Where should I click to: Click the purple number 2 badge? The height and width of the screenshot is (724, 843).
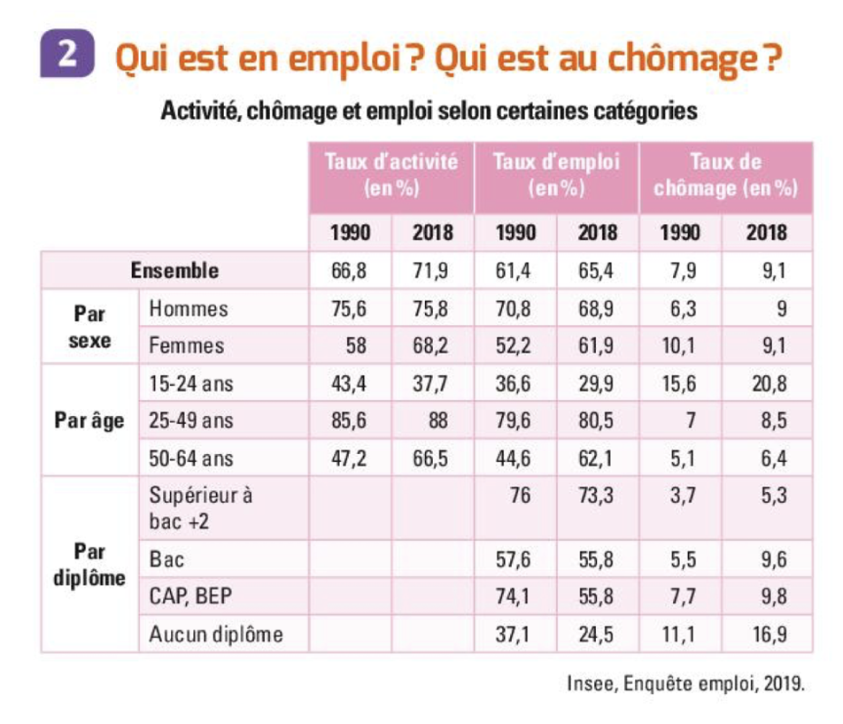pos(66,54)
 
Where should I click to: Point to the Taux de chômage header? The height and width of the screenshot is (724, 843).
pos(725,175)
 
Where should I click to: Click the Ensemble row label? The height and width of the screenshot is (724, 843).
pos(174,270)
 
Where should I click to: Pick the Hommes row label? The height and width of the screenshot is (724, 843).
pos(189,309)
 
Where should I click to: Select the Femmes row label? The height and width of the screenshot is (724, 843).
pos(187,345)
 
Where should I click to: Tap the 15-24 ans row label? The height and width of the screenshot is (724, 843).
pos(191,384)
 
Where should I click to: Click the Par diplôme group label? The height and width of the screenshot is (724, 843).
pos(89,565)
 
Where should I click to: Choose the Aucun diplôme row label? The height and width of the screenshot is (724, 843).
pos(217,634)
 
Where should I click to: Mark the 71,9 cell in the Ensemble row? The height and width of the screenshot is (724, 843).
pos(432,271)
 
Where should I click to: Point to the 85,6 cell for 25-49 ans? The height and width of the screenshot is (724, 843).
pos(349,420)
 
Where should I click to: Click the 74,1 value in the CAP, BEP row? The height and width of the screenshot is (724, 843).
pos(514,597)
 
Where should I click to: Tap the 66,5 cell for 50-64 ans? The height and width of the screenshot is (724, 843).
pos(432,458)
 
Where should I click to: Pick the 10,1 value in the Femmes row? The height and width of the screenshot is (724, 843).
pos(680,345)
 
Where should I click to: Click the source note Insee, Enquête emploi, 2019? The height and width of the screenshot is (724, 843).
pos(685,683)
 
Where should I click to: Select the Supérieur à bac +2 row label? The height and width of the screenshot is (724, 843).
pos(201,508)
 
